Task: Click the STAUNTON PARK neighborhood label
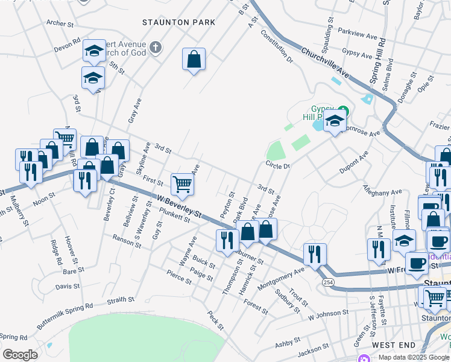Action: tap(178, 22)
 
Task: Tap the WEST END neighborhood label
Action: tap(393, 345)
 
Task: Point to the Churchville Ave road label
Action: tap(326, 62)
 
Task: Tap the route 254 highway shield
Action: tap(326, 282)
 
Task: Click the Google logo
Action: tap(19, 355)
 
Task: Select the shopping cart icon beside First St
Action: tap(181, 184)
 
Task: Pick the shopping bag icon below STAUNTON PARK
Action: tap(194, 60)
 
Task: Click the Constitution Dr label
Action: tap(277, 48)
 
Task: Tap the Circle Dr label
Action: tap(277, 165)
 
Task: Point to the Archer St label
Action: tap(60, 24)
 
